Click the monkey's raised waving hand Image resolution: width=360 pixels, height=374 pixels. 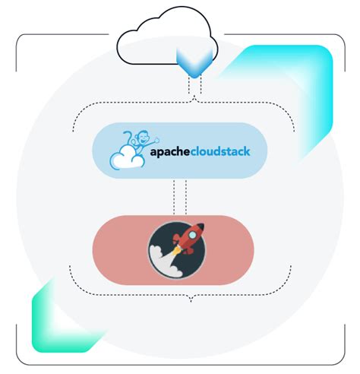pos(156,138)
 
